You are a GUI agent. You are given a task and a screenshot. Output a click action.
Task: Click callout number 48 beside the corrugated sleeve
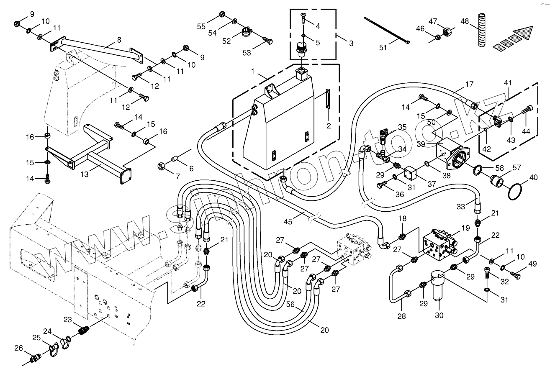click(465, 21)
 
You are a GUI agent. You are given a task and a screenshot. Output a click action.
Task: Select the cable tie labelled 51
click(386, 31)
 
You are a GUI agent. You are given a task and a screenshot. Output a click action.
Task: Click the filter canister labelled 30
click(439, 287)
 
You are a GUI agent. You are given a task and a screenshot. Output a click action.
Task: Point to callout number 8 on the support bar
click(119, 40)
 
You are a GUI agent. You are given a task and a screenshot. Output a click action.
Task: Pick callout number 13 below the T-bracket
click(84, 174)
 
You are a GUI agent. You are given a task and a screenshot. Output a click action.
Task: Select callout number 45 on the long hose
click(288, 222)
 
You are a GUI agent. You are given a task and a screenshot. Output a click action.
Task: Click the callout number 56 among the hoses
click(290, 304)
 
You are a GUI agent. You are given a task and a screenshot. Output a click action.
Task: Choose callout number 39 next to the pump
click(421, 144)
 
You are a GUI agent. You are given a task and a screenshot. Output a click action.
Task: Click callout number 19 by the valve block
click(465, 228)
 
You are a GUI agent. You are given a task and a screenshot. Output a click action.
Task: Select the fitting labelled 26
click(34, 360)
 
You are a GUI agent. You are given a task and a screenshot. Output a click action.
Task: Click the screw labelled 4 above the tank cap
click(303, 18)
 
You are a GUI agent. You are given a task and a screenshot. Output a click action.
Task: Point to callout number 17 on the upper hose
click(469, 84)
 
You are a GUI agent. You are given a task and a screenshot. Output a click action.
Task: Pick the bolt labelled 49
click(515, 275)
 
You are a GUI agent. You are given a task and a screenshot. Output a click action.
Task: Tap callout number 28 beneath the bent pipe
click(401, 316)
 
